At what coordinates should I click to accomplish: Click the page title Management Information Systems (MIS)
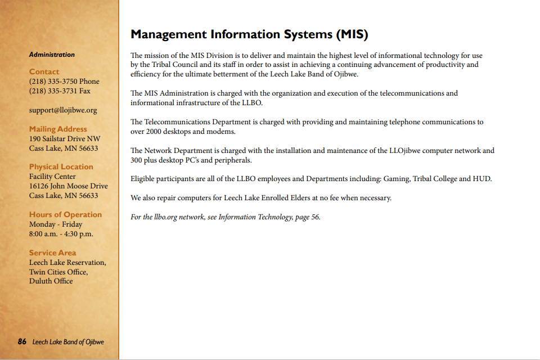click(249, 34)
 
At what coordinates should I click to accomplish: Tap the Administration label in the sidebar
click(52, 55)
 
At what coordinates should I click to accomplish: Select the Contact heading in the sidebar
click(44, 71)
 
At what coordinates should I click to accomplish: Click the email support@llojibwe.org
click(63, 110)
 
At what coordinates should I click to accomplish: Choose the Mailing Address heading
click(58, 129)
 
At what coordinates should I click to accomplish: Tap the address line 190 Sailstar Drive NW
click(65, 139)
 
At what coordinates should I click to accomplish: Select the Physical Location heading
click(61, 166)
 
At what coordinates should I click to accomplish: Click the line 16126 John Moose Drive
click(69, 186)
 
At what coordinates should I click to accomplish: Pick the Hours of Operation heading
click(65, 214)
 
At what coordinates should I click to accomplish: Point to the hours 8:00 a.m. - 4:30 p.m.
click(61, 234)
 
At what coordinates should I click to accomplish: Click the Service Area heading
click(52, 253)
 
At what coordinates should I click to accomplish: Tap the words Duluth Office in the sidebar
click(51, 281)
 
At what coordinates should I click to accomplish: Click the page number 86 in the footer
click(22, 342)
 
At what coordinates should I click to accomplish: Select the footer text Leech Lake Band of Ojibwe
click(68, 342)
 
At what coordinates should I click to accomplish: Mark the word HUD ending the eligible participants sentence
click(481, 179)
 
